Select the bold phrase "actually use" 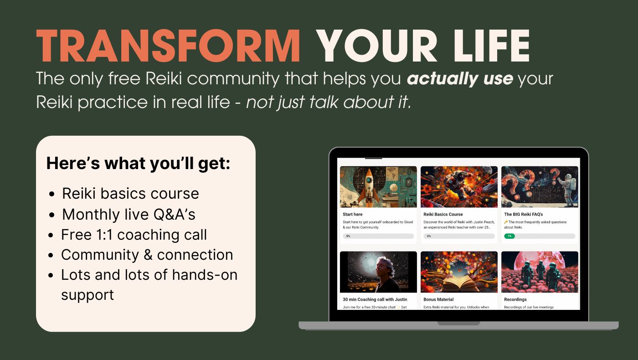(x=460, y=79)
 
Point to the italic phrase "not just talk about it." (x=329, y=102)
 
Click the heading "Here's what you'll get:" (x=139, y=163)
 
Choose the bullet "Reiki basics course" (x=130, y=193)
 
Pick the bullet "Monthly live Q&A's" (x=129, y=214)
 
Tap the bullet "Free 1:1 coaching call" (x=134, y=234)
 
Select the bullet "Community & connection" (x=147, y=255)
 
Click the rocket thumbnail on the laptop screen (x=378, y=187)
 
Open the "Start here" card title (x=353, y=214)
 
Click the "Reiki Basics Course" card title (x=443, y=214)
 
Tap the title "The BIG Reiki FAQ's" (x=523, y=214)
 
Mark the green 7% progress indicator (x=509, y=236)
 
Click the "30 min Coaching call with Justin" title (x=375, y=299)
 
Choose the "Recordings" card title (x=515, y=299)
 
